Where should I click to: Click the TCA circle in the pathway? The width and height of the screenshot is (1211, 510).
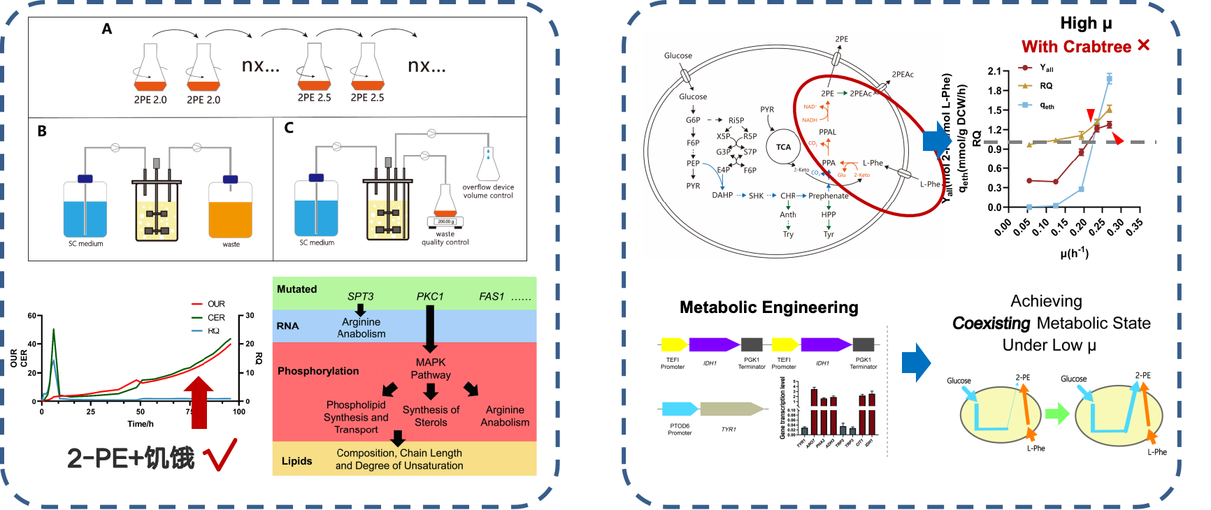[783, 147]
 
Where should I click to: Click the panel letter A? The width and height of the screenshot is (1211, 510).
[107, 29]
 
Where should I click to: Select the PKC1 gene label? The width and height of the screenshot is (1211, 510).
[430, 296]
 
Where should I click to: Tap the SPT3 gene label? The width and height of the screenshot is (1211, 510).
[360, 296]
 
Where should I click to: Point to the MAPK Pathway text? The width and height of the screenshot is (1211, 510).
[431, 368]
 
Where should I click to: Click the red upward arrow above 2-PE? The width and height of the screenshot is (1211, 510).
[199, 402]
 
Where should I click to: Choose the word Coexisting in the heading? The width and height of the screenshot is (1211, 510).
[991, 323]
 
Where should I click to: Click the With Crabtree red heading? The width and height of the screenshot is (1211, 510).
[1076, 47]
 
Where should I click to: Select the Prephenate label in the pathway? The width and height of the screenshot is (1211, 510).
[828, 196]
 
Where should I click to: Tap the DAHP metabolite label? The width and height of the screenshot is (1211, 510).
[722, 196]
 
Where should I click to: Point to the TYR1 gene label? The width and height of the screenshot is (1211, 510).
[729, 429]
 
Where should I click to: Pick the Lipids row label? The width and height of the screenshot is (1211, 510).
[296, 461]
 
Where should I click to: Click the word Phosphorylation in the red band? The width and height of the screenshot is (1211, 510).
[318, 371]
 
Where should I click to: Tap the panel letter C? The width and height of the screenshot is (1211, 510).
[289, 127]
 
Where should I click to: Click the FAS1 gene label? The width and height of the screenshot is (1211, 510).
[492, 296]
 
